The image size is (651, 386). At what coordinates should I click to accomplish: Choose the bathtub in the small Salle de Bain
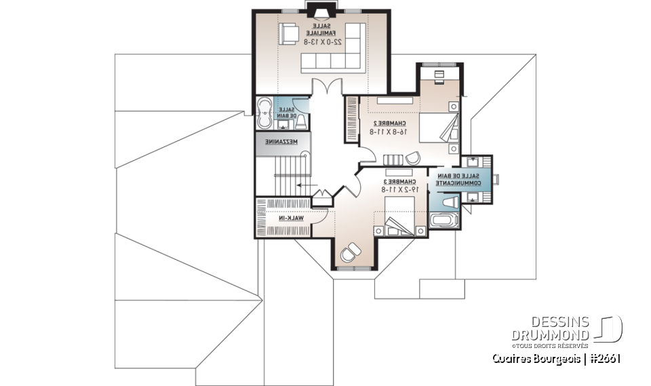(264, 113)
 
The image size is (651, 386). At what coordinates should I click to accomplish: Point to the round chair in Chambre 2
(412, 158)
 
